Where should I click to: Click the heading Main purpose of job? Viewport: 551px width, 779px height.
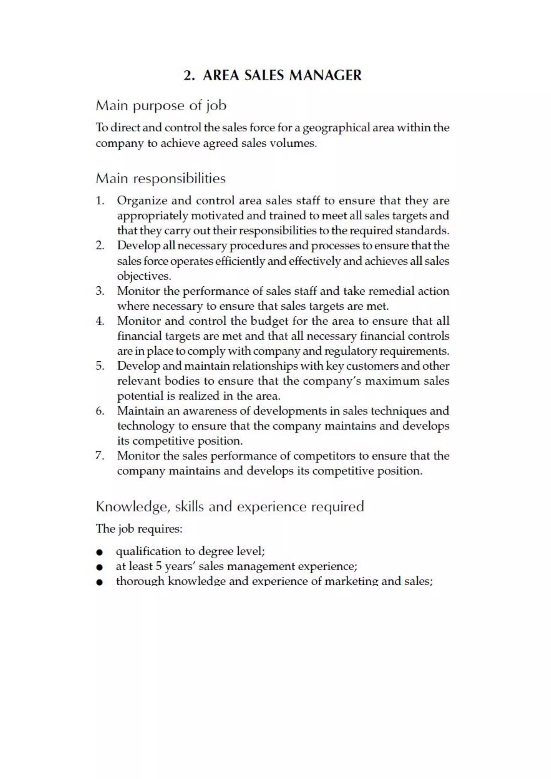point(161,105)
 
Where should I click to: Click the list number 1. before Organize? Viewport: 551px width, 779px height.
point(100,200)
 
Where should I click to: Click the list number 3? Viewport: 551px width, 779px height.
point(100,291)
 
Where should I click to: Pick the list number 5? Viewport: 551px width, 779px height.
point(100,366)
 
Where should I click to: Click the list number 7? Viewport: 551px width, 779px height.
point(100,456)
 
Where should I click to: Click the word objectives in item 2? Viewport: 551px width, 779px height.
point(144,276)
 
